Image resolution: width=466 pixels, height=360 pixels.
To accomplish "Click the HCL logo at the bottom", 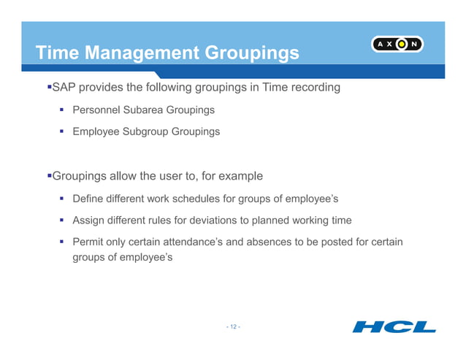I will point(394,326).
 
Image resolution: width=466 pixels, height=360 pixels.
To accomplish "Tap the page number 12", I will point(233,326).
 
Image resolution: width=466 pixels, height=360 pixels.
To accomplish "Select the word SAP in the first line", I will point(63,88).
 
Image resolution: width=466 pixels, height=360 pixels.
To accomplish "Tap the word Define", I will point(88,199).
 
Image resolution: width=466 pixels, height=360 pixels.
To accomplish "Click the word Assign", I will point(88,220).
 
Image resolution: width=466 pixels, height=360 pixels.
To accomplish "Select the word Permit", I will point(88,242).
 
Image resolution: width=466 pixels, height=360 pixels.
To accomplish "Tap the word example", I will point(238,176).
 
